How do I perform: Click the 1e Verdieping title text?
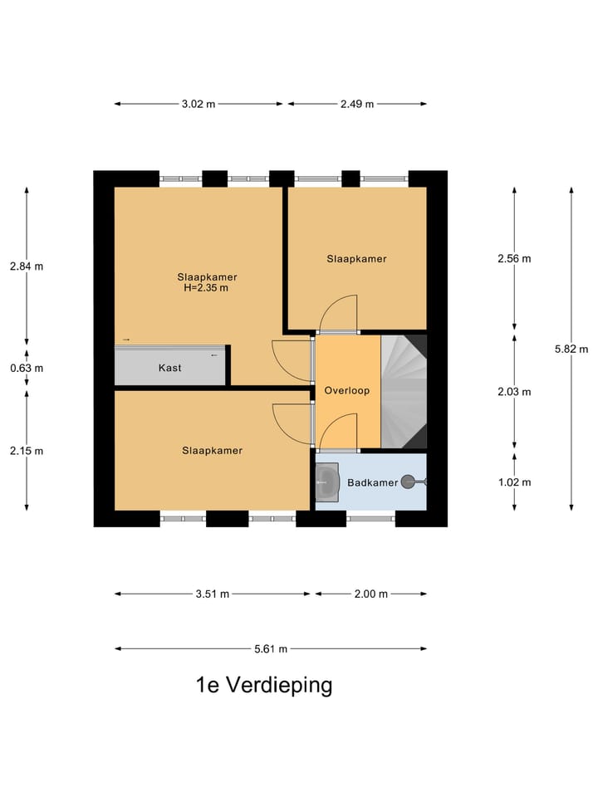coord(263,685)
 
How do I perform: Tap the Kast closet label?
coord(169,368)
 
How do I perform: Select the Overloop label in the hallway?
coord(346,390)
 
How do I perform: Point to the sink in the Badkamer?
coord(328,481)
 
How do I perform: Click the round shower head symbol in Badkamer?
coord(408,482)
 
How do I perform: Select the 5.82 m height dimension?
coord(571,350)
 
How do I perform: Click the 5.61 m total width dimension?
coord(271,649)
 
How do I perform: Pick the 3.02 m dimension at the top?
coord(199,105)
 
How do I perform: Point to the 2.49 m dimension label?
coord(356,105)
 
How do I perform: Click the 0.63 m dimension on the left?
coord(27,368)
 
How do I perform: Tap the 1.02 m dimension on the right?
coord(514,482)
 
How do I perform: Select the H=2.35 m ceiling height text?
coord(206,289)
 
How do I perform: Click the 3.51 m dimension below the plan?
coord(212,594)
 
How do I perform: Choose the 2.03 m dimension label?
coord(514,392)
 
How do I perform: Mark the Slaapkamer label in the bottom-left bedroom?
coord(213,451)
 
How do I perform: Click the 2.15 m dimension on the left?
coord(27,451)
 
